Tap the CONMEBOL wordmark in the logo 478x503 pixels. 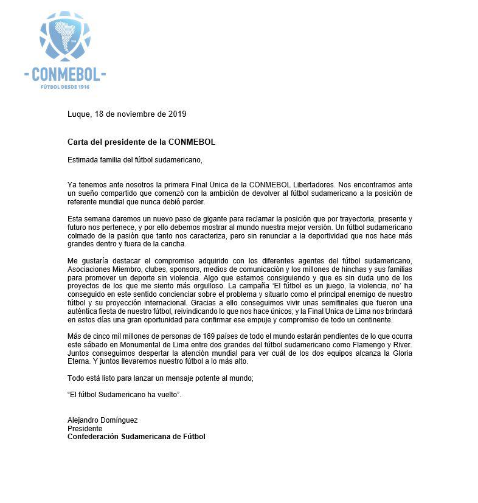65,75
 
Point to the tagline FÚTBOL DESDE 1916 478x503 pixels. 65,86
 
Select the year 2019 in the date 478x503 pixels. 176,114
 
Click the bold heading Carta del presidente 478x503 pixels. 141,142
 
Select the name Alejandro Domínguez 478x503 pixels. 103,420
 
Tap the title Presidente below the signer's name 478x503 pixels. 85,429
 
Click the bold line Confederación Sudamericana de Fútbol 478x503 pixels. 136,437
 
